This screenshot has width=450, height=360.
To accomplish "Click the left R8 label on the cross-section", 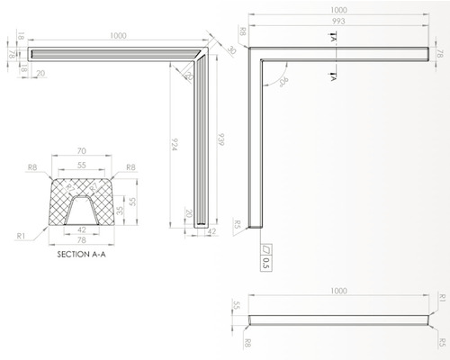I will click(x=31, y=167).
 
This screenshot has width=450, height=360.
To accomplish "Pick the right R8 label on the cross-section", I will click(x=130, y=167).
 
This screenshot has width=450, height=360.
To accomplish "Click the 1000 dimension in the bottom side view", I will click(x=338, y=292).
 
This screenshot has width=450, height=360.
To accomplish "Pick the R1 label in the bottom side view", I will click(x=441, y=296).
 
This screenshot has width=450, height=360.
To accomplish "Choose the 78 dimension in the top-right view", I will click(x=441, y=53).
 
